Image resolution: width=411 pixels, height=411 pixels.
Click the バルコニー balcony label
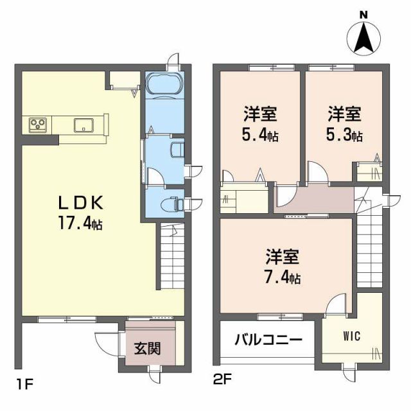tap(268, 339)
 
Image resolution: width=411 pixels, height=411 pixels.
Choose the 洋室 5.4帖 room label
tap(260, 124)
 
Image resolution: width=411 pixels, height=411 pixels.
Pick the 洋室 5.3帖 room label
tap(345, 124)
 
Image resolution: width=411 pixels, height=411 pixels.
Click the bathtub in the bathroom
tap(164, 85)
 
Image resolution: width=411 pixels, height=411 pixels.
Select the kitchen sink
tap(84, 125)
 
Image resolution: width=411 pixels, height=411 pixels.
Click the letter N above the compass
tap(363, 14)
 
